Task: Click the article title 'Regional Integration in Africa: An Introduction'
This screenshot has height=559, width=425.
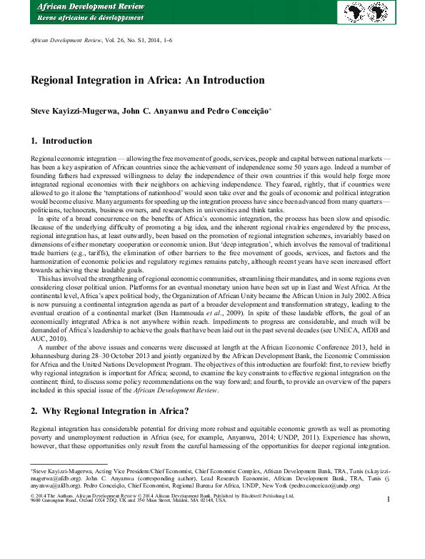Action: coord(148,80)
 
